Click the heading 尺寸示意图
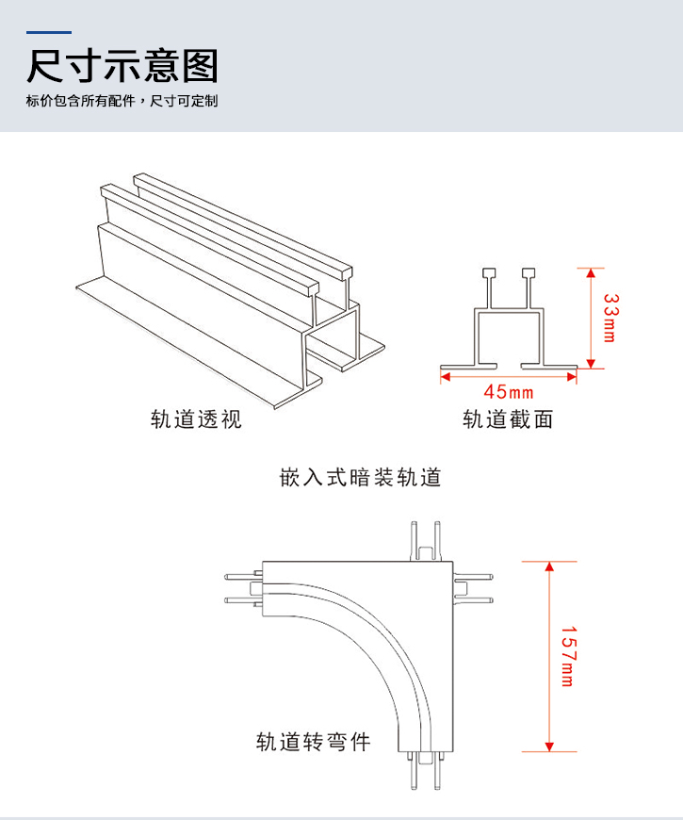[122, 67]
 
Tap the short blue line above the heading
[50, 33]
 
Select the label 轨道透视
[196, 418]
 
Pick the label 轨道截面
[508, 418]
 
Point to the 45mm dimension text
[509, 391]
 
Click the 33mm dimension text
[610, 318]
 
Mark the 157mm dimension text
[567, 656]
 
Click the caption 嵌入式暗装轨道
[361, 477]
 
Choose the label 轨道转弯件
[314, 742]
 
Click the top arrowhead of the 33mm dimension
[591, 273]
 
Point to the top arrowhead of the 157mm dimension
[548, 566]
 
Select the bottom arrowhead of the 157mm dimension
[548, 746]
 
